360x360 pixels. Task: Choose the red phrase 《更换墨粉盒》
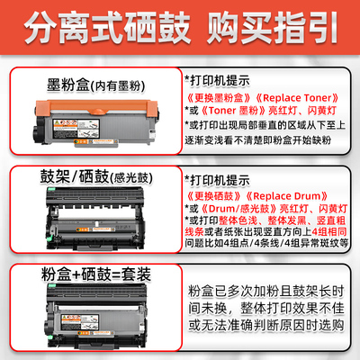click(x=216, y=97)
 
